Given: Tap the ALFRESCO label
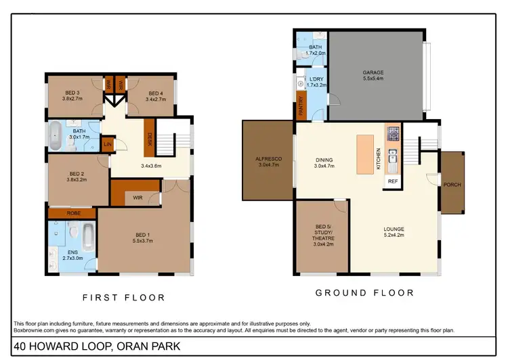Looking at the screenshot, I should click(x=269, y=158).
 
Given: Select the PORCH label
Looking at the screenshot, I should click(x=452, y=184).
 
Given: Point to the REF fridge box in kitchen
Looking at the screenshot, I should click(x=392, y=181).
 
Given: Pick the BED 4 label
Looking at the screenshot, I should click(x=155, y=93).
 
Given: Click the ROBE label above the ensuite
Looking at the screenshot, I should click(x=72, y=214).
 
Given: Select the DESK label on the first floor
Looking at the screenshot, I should click(x=150, y=139).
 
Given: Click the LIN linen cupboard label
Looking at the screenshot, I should click(x=107, y=144).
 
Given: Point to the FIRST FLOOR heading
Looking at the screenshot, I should click(x=123, y=297).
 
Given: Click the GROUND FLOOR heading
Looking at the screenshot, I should click(x=364, y=293).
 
